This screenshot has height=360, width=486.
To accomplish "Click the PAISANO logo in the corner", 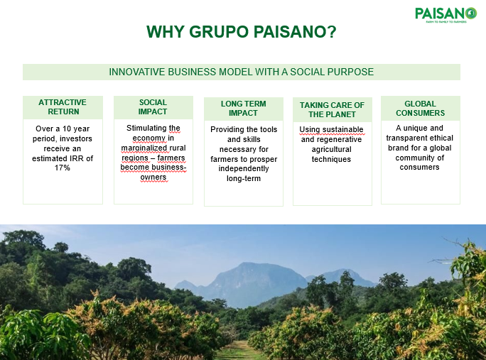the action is tap(445, 15).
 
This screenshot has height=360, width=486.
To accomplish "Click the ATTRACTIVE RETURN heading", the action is tap(63, 107).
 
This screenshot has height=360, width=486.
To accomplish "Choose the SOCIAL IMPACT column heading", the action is tap(153, 107).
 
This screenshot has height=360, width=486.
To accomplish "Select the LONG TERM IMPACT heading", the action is tap(243, 108).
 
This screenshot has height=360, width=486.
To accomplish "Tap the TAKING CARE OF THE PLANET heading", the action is tap(332, 109).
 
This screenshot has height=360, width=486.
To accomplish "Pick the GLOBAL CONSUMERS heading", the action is tap(421, 108).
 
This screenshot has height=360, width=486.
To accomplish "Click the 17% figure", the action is tap(63, 168).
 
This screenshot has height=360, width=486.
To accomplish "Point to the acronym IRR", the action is tap(78, 158).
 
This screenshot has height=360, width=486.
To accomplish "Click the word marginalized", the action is tap(146, 148).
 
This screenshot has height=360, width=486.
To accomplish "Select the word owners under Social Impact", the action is tap(153, 178).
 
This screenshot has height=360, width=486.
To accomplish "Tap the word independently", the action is tap(244, 169).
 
